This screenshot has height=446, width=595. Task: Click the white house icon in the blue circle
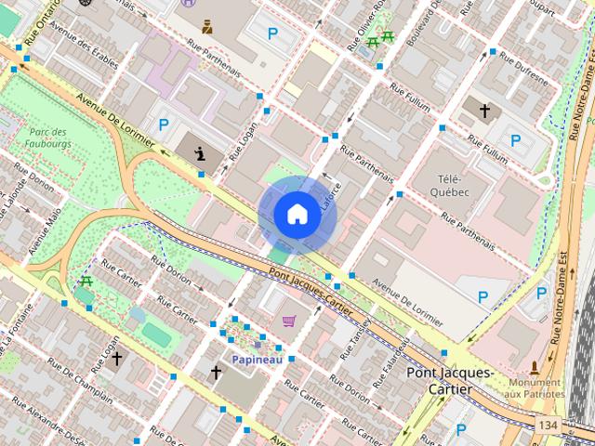click(297, 215)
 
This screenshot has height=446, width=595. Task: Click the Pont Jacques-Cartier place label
click(451, 380)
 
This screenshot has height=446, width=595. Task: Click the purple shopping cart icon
click(289, 321)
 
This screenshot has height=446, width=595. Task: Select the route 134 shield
click(548, 424)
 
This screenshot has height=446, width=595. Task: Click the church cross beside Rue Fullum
click(483, 111)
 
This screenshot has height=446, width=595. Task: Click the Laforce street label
click(326, 197)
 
